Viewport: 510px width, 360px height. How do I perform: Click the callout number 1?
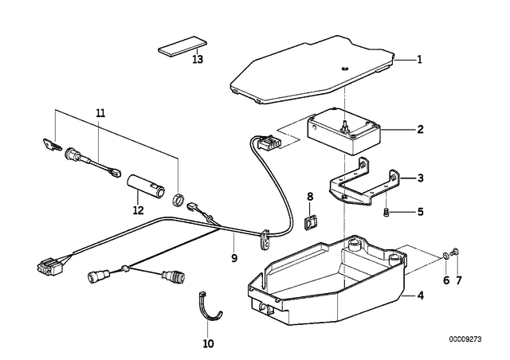click(420, 60)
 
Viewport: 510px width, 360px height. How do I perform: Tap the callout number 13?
click(198, 60)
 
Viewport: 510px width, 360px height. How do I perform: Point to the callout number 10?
click(208, 343)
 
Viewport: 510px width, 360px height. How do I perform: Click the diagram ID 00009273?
click(465, 339)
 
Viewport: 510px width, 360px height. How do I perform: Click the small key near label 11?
click(52, 144)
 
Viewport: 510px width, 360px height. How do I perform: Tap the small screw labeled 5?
click(386, 213)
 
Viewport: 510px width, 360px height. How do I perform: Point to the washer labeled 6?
click(445, 255)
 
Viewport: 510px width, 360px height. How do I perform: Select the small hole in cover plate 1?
click(345, 68)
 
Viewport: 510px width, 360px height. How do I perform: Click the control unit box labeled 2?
click(344, 132)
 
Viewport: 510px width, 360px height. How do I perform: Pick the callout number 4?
click(421, 296)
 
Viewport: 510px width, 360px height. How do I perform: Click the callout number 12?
click(138, 210)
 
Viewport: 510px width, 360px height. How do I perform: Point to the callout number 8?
click(310, 196)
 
